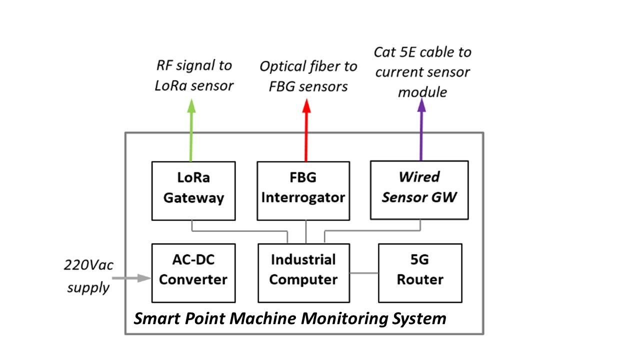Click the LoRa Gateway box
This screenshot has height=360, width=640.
(193, 190)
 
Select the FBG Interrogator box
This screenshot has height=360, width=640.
(303, 190)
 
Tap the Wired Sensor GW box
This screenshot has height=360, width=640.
(419, 189)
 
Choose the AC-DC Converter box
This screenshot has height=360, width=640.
(193, 273)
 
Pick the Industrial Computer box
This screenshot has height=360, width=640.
(303, 273)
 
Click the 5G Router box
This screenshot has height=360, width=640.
(420, 273)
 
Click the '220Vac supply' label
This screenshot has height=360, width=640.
(88, 276)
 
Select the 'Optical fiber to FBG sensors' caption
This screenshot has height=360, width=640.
(308, 76)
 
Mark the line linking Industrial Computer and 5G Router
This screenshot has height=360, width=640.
(364, 273)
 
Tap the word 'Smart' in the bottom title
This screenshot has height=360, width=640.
(154, 318)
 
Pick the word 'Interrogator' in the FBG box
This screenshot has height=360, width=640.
(303, 197)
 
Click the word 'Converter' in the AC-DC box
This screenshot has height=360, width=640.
(193, 279)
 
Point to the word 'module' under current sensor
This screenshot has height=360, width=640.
(422, 92)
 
